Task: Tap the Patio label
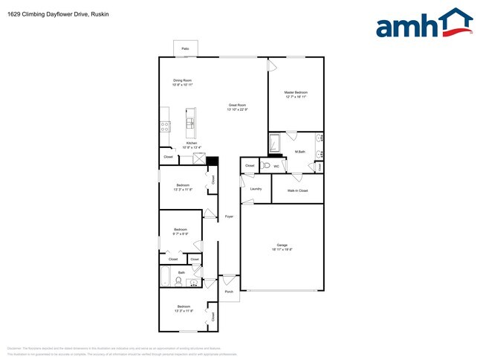click(x=184, y=48)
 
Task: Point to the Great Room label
click(x=237, y=106)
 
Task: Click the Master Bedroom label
click(x=296, y=92)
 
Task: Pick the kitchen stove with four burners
click(x=165, y=127)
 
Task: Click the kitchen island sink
click(x=191, y=123)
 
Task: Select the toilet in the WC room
click(x=265, y=166)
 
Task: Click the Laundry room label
click(x=256, y=189)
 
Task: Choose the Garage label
click(x=282, y=245)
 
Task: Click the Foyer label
click(x=230, y=216)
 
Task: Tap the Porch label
click(x=230, y=291)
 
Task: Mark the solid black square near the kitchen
click(x=213, y=161)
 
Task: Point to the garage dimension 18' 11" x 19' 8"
click(x=282, y=249)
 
